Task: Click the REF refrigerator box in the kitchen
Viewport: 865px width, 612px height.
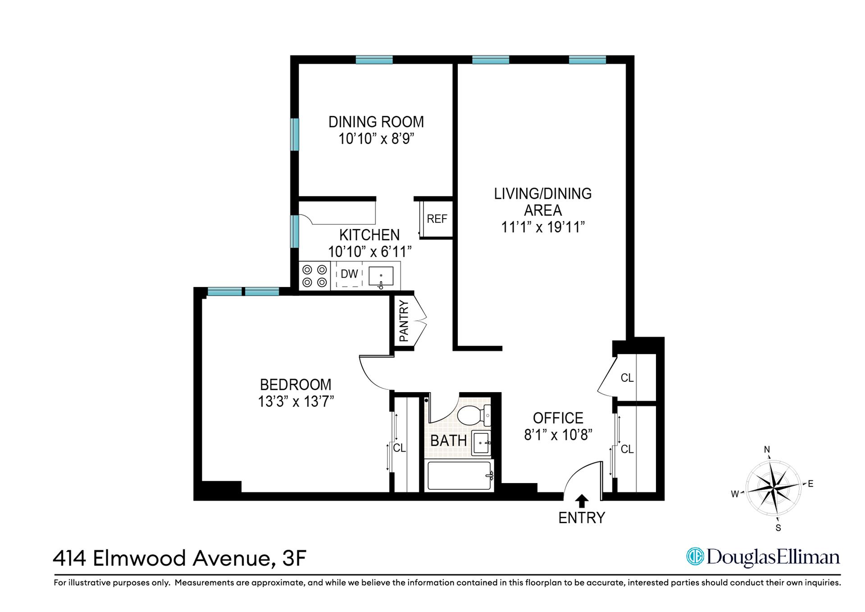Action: tap(437, 219)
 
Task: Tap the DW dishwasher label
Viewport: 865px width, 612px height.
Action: tap(349, 274)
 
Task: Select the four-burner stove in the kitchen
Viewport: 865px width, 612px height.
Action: tap(314, 276)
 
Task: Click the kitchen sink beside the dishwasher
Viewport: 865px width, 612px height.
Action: tap(381, 276)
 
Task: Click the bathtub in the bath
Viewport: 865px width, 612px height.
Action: tap(459, 475)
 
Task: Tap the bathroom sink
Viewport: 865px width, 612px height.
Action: tap(481, 443)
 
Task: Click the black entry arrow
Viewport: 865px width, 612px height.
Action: tap(582, 501)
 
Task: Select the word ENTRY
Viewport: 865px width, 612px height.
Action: tap(582, 518)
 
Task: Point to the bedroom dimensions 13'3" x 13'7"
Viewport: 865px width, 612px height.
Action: tap(296, 401)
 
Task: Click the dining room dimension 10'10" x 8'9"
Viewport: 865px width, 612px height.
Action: tap(376, 138)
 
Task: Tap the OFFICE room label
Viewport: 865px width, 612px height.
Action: tap(558, 418)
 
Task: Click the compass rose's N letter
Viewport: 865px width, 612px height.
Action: tap(767, 449)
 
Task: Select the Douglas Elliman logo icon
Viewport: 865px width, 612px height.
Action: tap(695, 557)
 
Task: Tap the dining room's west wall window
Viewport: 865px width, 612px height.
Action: tap(295, 134)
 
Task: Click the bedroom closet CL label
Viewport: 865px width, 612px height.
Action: tap(399, 448)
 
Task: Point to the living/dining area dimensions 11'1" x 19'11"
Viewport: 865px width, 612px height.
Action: tap(543, 227)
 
